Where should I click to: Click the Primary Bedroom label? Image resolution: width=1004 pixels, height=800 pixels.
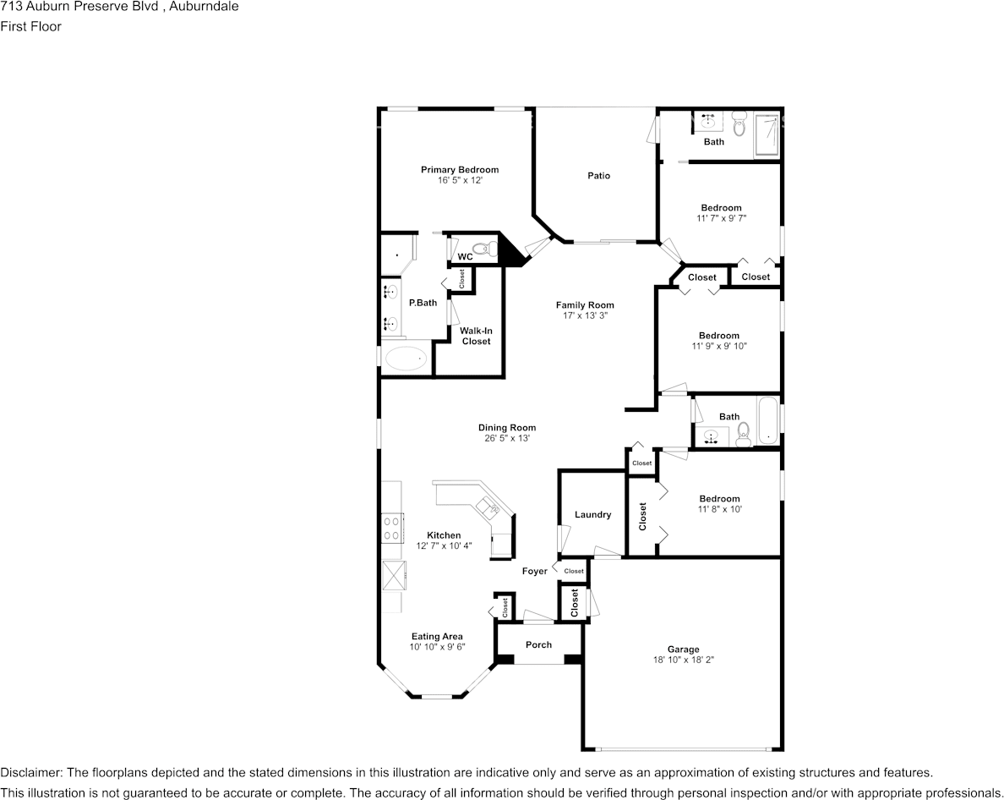click(460, 170)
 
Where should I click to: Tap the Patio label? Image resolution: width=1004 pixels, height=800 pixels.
click(598, 176)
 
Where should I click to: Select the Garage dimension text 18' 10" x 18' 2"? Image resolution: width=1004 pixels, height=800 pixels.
click(682, 660)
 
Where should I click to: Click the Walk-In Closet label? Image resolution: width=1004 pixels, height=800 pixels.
click(476, 336)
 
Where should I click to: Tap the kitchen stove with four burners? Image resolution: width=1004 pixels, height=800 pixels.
click(392, 529)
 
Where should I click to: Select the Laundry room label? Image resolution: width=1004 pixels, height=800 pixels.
click(592, 515)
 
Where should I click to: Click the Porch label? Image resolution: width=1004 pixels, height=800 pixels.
click(538, 644)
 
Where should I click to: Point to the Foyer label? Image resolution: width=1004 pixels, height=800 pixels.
click(534, 572)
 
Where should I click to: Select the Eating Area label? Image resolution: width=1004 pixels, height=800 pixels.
click(437, 637)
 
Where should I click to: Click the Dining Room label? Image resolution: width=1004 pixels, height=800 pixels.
click(507, 428)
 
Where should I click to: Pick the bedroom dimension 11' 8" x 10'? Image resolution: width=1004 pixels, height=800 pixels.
click(719, 509)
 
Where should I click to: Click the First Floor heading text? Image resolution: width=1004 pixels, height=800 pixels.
click(30, 26)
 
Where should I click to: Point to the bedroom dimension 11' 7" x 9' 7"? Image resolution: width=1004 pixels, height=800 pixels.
click(721, 218)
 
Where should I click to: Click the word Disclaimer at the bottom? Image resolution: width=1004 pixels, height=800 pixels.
click(30, 773)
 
